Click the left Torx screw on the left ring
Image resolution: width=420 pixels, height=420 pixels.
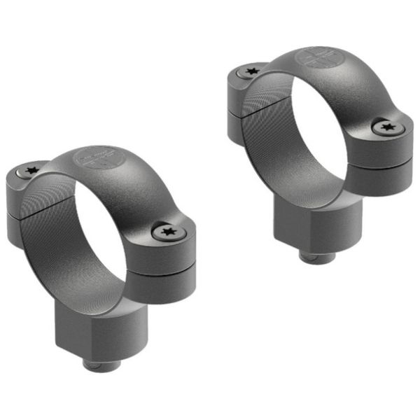coord(31,170)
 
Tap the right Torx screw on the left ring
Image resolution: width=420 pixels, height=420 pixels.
coord(167,231)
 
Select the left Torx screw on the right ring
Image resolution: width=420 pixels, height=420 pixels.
coord(251,71)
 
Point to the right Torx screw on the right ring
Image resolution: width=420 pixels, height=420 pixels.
coord(386,127)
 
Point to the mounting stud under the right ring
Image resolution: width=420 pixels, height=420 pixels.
coord(314,255)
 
